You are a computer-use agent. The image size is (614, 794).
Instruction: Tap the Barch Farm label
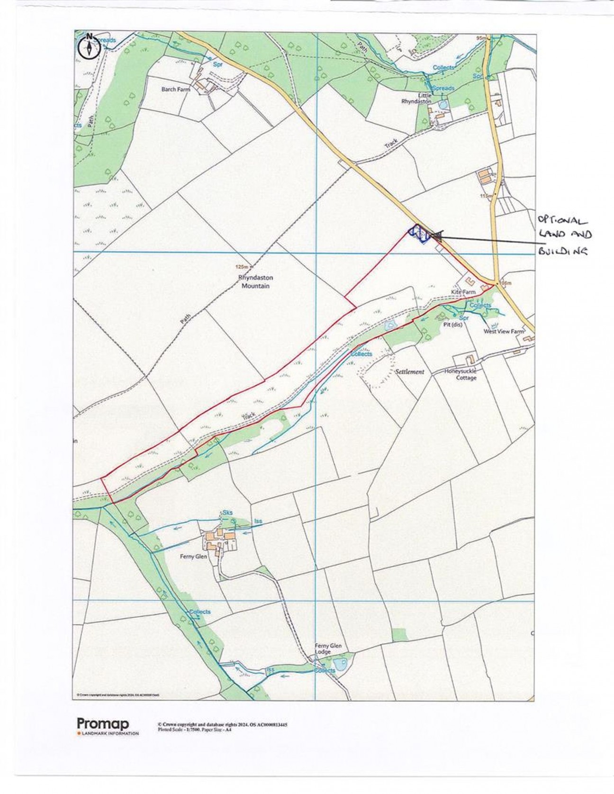(x=175, y=89)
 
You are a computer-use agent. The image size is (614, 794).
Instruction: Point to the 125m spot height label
(x=242, y=267)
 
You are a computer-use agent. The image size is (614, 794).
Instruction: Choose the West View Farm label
(x=504, y=332)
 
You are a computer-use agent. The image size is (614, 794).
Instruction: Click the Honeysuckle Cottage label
(x=460, y=375)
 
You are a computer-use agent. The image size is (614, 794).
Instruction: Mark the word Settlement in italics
(x=410, y=372)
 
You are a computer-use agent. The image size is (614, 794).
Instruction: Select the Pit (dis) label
(x=452, y=325)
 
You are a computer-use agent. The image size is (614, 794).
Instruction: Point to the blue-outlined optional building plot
(x=419, y=234)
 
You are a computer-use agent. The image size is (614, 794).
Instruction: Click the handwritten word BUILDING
(x=563, y=251)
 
